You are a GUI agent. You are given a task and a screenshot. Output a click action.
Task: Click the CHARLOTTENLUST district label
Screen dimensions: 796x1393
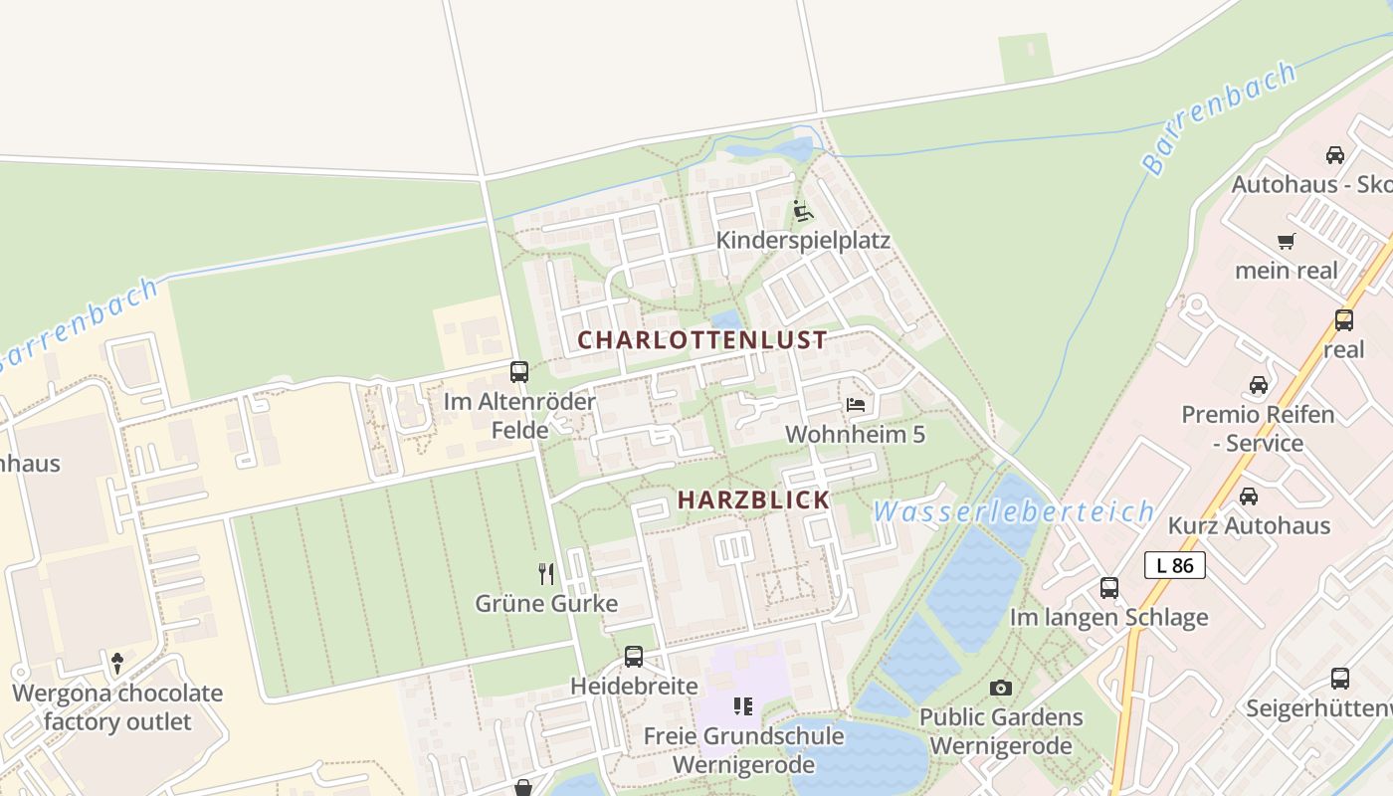[701, 339]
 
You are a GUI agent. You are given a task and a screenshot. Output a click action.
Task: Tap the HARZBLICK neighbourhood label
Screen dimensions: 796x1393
[753, 499]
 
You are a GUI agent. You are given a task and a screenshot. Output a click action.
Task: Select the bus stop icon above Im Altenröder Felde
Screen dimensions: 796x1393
[519, 372]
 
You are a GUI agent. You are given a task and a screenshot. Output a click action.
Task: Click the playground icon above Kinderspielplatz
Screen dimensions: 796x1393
[803, 211]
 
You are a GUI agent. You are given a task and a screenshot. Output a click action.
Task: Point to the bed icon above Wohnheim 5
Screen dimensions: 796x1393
[855, 404]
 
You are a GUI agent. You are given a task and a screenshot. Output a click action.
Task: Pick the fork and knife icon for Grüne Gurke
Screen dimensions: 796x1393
[546, 573]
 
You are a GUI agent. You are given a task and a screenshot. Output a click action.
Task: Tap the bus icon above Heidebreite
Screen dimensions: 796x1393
[634, 657]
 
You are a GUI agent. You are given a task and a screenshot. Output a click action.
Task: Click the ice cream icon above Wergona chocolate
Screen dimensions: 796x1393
[117, 663]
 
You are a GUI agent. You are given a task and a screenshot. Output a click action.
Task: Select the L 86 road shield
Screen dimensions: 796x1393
[1175, 565]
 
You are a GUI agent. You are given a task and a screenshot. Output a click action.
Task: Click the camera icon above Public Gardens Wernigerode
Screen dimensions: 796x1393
[1001, 688]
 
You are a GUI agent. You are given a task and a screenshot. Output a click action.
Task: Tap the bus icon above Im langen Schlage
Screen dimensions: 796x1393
[1109, 587]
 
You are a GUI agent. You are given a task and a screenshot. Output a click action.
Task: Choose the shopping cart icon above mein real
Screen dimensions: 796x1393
[1286, 241]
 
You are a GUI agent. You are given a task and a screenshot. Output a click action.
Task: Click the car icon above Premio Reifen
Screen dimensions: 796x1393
[1258, 385]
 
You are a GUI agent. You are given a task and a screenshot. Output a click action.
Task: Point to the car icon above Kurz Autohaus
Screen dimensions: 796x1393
[1249, 496]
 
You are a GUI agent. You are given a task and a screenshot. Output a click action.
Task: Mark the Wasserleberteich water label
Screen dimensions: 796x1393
[1013, 512]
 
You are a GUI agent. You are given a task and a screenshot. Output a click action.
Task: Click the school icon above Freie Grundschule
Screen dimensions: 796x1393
[742, 706]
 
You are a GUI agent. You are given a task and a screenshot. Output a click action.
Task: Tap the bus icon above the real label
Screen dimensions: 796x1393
[1343, 319]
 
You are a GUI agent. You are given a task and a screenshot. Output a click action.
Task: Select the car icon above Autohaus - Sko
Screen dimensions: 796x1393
[1334, 155]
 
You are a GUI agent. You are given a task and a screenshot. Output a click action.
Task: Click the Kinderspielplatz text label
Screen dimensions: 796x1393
[803, 241]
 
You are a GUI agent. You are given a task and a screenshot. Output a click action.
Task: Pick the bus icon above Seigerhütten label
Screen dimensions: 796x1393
[1340, 679]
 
